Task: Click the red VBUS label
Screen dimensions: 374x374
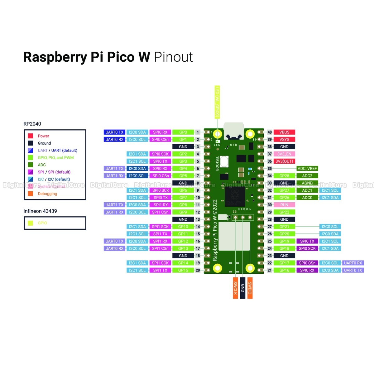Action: pos(284,132)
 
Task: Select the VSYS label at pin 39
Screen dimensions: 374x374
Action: pos(284,139)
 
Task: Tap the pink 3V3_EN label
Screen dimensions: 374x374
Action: pos(284,154)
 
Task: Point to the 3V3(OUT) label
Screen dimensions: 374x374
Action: pos(284,161)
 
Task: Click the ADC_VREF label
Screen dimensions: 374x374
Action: pos(307,169)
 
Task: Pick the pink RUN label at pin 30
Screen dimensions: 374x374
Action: pos(284,205)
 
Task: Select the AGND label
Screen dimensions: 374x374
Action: pos(307,183)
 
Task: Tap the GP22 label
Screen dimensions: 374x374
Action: pos(284,212)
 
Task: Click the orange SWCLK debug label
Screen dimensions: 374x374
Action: pos(235,288)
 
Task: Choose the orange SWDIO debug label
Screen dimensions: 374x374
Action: pos(250,288)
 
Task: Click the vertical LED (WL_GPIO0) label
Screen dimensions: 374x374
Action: pos(217,102)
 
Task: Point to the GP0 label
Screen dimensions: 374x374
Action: pos(183,132)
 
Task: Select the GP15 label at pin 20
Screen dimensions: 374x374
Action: pos(183,270)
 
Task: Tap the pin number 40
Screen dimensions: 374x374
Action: pos(270,132)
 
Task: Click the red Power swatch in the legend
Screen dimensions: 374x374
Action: pos(31,136)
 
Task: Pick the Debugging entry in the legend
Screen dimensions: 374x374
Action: pos(47,194)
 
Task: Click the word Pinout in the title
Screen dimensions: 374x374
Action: pos(173,57)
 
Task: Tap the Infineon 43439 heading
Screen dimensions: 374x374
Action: pos(40,211)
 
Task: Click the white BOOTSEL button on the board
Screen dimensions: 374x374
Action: pos(224,161)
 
